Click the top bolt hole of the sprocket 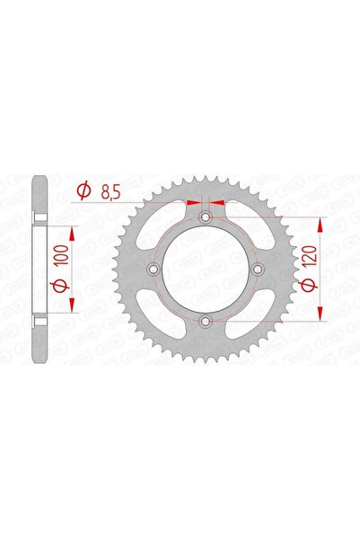(206, 217)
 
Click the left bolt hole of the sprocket (154, 269)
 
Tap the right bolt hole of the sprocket (258, 269)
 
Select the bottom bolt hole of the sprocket (206, 321)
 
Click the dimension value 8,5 (112, 190)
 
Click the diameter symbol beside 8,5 (83, 190)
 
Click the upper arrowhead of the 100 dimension (73, 229)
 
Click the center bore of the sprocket (206, 269)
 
